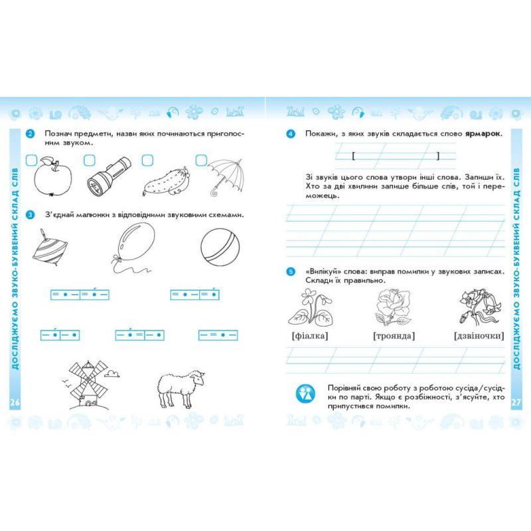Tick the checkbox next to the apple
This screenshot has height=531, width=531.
click(31, 160)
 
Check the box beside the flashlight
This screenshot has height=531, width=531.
click(90, 160)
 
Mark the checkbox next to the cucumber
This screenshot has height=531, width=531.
click(147, 160)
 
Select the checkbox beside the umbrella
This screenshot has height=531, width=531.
click(201, 160)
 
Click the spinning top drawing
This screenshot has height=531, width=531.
click(49, 247)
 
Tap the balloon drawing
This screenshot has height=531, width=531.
click(134, 246)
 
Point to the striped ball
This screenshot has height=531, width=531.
click(220, 246)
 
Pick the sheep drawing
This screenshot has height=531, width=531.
click(181, 389)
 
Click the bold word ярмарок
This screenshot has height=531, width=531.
click(483, 133)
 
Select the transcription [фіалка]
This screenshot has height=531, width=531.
click(310, 336)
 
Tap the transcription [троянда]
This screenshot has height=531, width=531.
click(394, 336)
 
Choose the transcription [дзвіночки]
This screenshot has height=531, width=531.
click(479, 336)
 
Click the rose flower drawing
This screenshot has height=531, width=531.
click(393, 307)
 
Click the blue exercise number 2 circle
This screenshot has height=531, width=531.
click(30, 134)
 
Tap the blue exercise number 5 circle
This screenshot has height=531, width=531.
click(291, 271)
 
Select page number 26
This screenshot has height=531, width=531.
click(15, 403)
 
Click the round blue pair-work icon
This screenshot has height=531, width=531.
click(305, 394)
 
